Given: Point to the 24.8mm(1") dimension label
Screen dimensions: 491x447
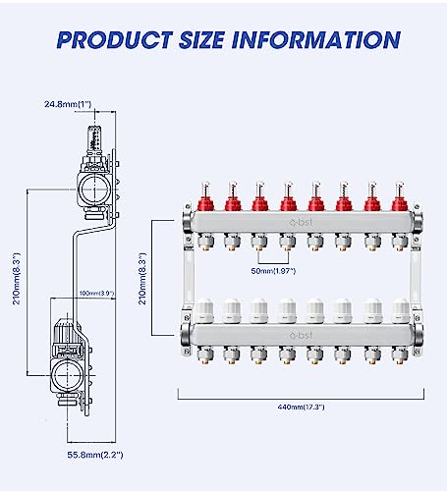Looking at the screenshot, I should click(x=67, y=103).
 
